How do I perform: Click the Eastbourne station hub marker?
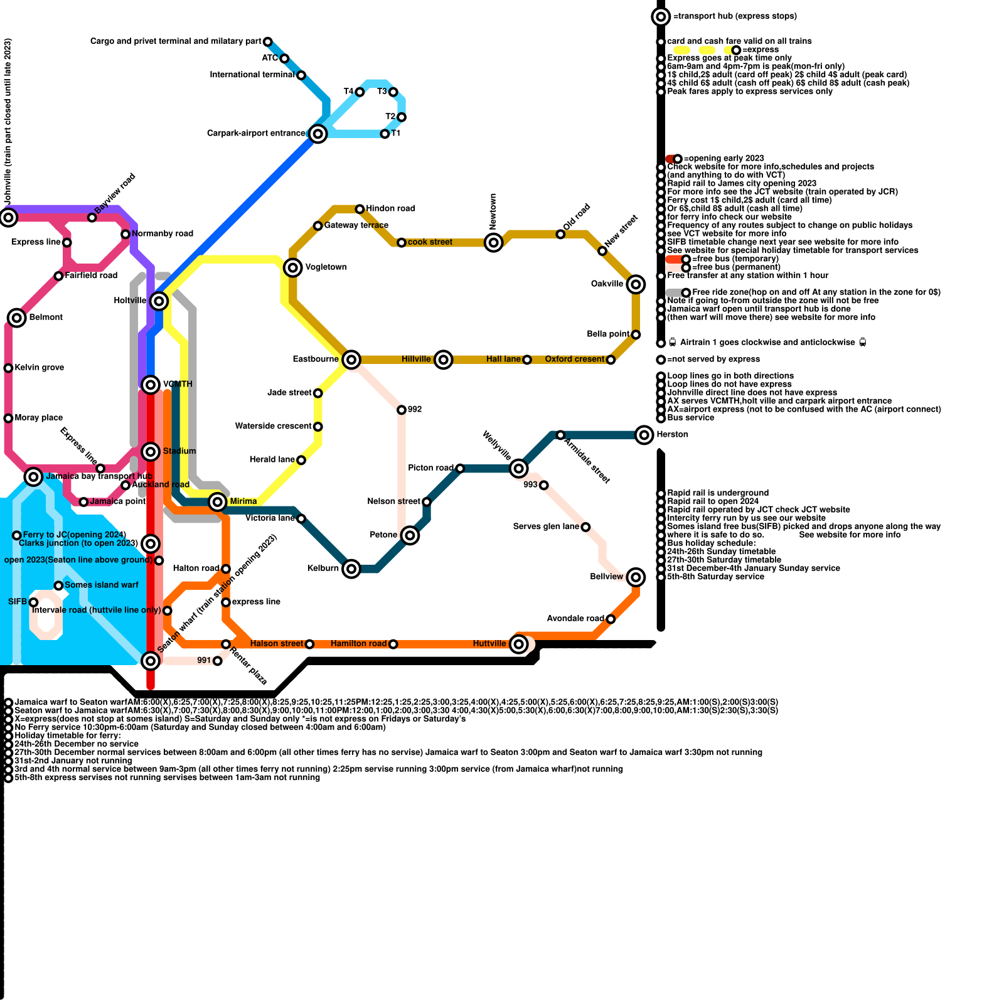click(x=351, y=360)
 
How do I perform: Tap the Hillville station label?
click(x=416, y=360)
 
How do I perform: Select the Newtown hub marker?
click(x=494, y=242)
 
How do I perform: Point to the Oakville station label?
click(x=607, y=284)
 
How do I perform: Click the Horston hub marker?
click(x=644, y=435)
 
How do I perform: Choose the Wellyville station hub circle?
click(x=518, y=468)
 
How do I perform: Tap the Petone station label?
click(x=383, y=535)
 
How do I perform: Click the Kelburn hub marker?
click(x=351, y=569)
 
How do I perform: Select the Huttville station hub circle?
click(x=518, y=644)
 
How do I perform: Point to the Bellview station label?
click(x=607, y=577)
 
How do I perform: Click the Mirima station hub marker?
click(x=218, y=501)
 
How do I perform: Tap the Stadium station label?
click(x=179, y=451)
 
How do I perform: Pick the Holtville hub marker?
click(x=159, y=301)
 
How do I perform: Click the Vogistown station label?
click(x=326, y=267)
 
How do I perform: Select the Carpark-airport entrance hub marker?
click(x=318, y=134)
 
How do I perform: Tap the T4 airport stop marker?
click(x=360, y=92)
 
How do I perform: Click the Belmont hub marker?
click(x=17, y=318)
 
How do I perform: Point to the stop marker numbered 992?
click(x=402, y=410)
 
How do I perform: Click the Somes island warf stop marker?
click(x=58, y=585)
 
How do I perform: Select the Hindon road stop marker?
click(x=360, y=209)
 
